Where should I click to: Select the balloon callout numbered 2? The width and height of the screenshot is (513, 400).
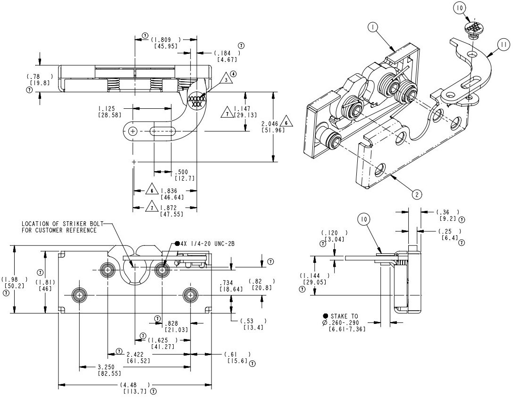coord(416,194)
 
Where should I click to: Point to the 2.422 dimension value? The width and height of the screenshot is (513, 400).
coord(135,354)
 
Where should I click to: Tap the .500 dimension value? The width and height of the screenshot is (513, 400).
coord(182,172)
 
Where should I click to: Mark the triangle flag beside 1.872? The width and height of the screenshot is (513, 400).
coord(152,208)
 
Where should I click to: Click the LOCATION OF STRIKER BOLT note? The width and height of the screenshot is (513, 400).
coord(61,226)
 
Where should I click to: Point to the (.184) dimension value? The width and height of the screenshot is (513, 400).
coord(224,53)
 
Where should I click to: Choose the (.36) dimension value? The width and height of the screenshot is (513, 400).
coord(447,212)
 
